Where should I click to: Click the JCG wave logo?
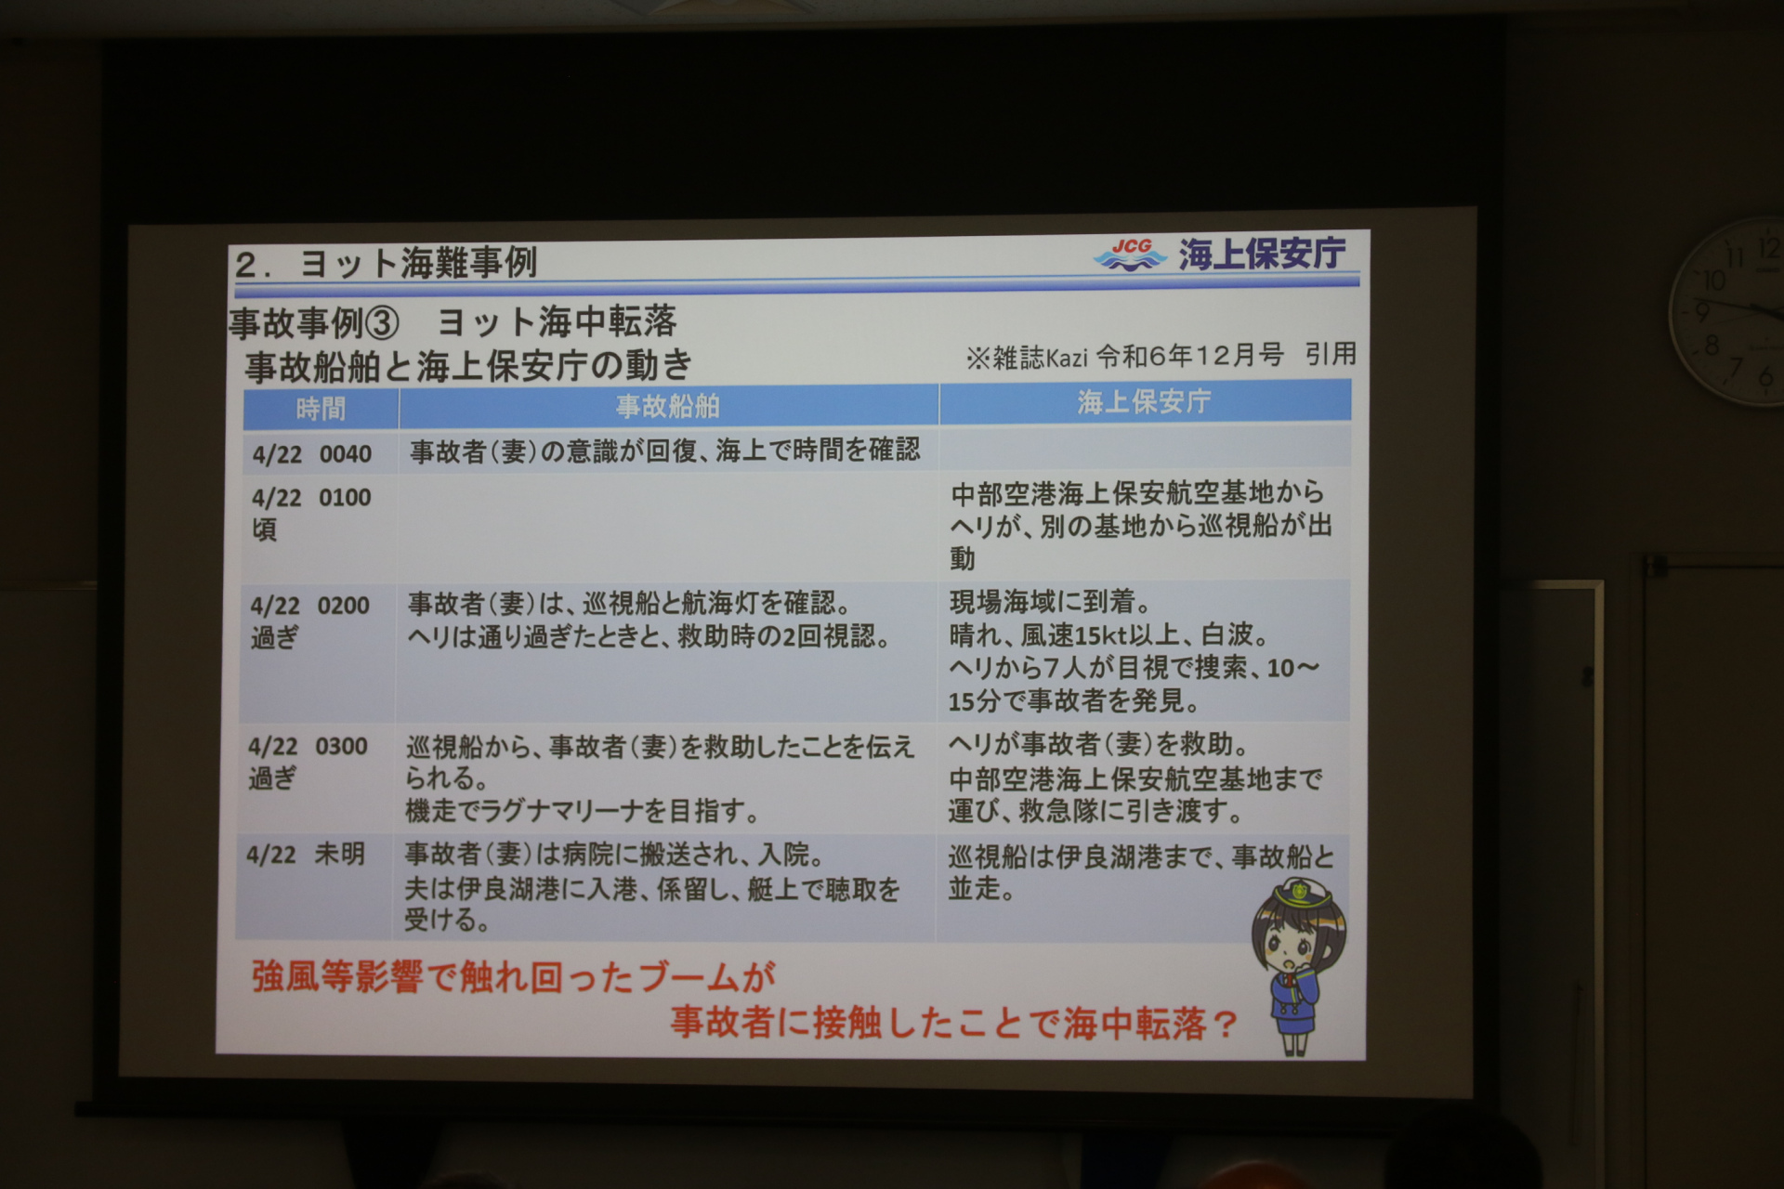[1130, 254]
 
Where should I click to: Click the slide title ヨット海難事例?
[418, 264]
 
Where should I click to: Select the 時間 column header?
[321, 409]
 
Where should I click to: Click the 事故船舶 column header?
[668, 406]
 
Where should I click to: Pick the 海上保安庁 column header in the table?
[1144, 401]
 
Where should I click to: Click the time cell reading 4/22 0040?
[312, 454]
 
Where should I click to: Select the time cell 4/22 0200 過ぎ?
[309, 621]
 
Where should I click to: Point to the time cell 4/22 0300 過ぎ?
[308, 762]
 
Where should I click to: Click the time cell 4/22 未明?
[306, 855]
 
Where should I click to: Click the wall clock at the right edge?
[1728, 311]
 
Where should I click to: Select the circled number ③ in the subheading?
[381, 323]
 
